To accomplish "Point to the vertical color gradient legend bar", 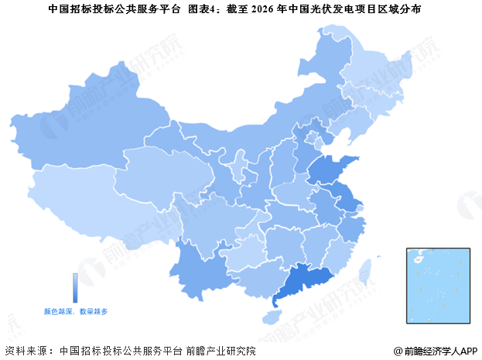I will coord(75,286).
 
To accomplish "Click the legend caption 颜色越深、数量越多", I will coord(76,310).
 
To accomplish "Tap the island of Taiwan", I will coord(367,271).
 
